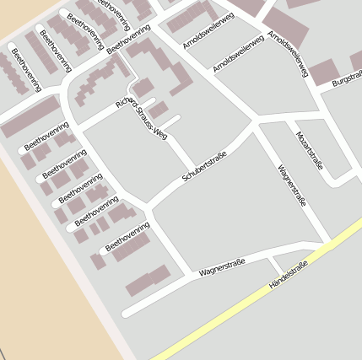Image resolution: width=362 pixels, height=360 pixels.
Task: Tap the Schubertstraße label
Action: click(x=205, y=166)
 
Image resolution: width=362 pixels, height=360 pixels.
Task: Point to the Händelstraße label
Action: click(x=288, y=276)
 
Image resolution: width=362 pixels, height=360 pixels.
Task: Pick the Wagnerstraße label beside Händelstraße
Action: click(x=222, y=268)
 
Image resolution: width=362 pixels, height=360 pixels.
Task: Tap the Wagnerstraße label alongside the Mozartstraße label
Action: click(x=291, y=186)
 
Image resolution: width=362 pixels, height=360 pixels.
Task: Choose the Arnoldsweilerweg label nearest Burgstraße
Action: click(x=288, y=54)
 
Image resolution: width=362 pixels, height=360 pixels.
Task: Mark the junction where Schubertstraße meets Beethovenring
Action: click(x=149, y=206)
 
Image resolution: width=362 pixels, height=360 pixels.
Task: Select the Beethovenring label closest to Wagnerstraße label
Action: click(x=127, y=237)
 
